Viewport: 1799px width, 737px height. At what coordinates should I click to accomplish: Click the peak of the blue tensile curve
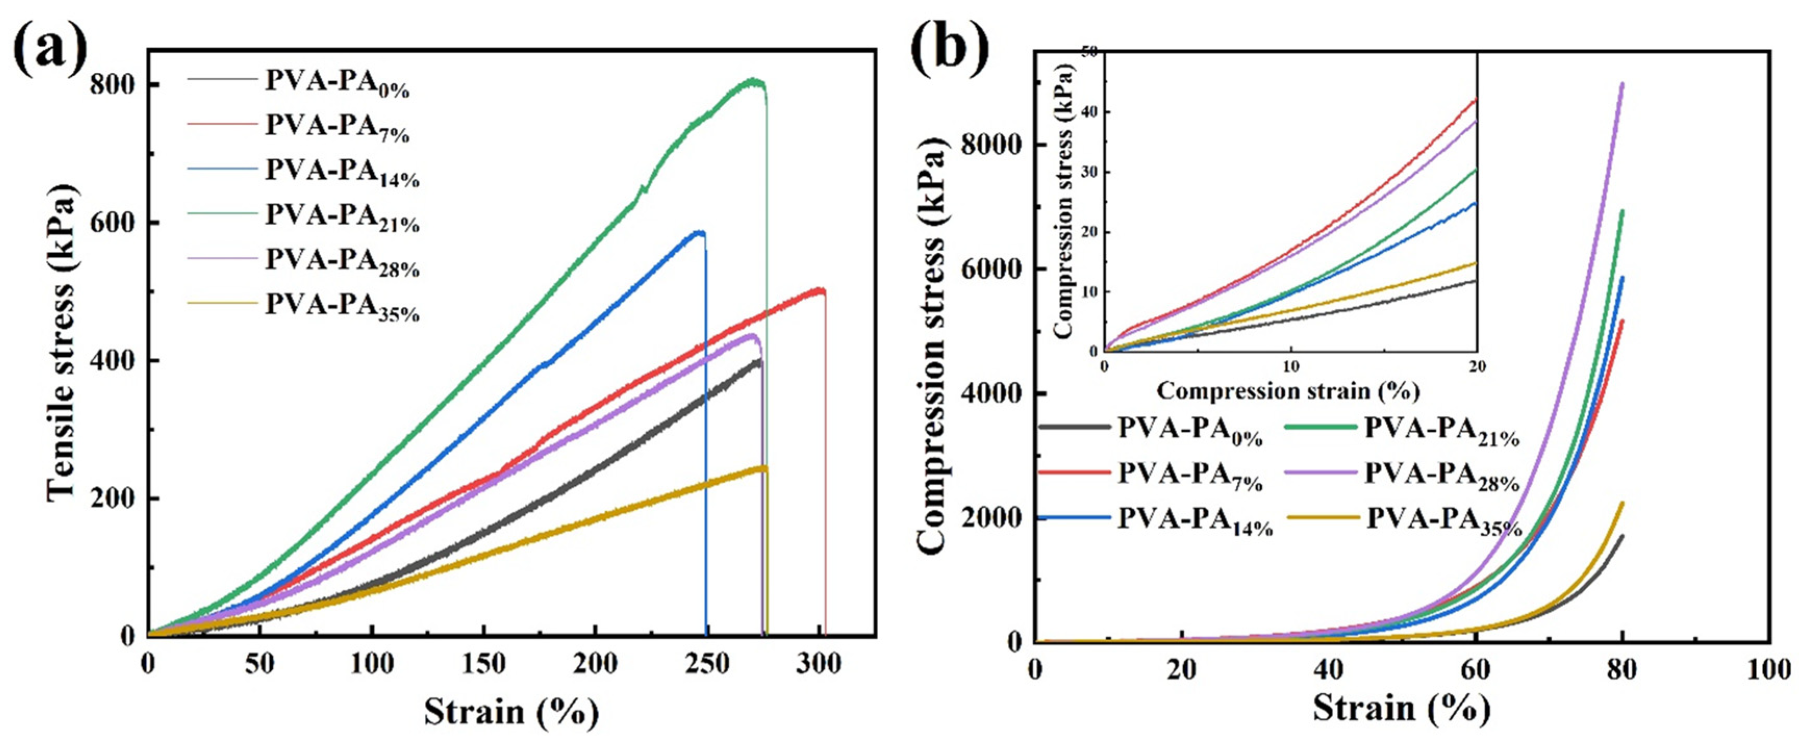(x=699, y=232)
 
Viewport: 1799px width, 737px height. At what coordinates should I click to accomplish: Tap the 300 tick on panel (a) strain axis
(x=818, y=664)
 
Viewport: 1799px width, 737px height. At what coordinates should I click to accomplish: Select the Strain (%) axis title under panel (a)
(x=511, y=712)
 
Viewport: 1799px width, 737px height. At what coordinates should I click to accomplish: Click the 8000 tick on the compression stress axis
(x=989, y=145)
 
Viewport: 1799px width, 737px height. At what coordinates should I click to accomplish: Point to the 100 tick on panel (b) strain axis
(x=1767, y=669)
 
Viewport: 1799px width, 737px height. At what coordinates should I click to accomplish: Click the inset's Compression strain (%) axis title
(x=1288, y=390)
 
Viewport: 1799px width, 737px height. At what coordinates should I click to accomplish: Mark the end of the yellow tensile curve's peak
(x=765, y=468)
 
